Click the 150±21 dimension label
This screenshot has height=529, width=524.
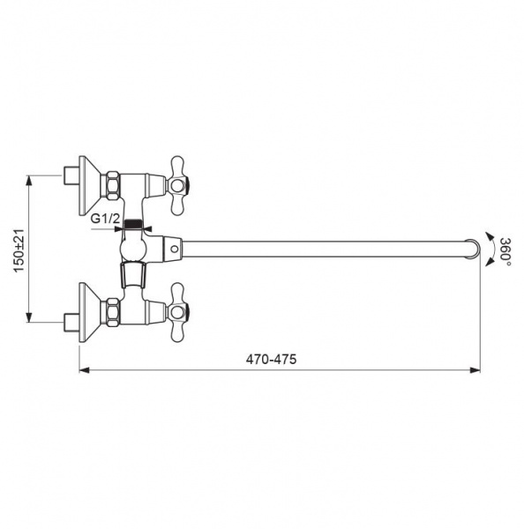(x=19, y=250)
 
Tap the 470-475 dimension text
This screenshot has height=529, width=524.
(x=271, y=359)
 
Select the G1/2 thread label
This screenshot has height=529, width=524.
(x=105, y=219)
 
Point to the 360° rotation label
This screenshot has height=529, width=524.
(x=505, y=251)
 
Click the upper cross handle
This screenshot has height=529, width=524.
(x=177, y=185)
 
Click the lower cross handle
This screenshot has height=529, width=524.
(x=177, y=312)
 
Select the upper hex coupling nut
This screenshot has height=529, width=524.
(x=112, y=185)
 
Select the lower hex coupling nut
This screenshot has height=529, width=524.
(x=112, y=312)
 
